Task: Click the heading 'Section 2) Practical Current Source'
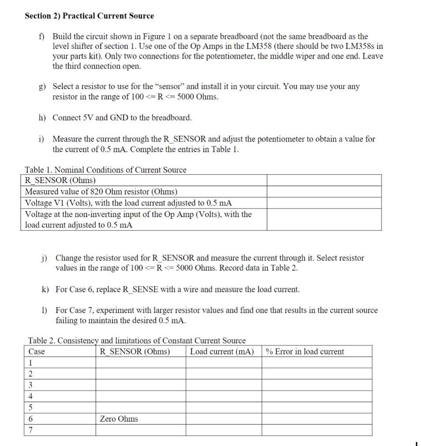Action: point(89,16)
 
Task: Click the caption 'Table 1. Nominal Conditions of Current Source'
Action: point(105,170)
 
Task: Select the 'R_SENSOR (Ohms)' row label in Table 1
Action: point(60,180)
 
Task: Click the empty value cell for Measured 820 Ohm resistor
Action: point(324,191)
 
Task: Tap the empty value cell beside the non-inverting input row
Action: point(324,219)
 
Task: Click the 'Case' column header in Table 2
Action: point(37,352)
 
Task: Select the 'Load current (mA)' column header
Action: point(222,352)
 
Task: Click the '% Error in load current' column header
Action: point(305,352)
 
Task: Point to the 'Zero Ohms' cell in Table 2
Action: point(119,419)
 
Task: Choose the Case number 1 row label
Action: point(30,363)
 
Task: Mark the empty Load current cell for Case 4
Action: point(223,396)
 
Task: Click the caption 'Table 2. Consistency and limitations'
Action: point(137,341)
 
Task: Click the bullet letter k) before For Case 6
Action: point(46,289)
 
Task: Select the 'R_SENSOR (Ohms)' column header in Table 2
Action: point(135,352)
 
